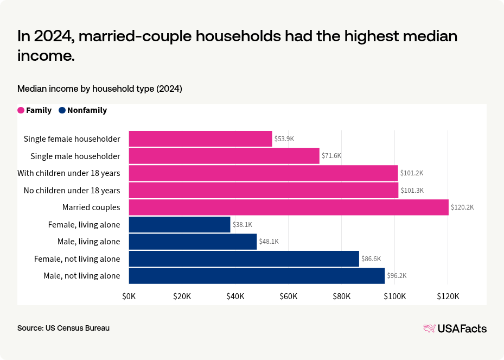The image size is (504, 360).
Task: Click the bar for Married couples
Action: point(289,207)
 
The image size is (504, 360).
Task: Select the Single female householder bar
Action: point(200,139)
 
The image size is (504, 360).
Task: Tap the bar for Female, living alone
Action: point(180,224)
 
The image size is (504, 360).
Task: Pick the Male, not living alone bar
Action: point(257,276)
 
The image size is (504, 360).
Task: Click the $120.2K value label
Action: point(462,207)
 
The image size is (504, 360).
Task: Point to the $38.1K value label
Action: point(243,224)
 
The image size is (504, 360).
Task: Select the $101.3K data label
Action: point(412,191)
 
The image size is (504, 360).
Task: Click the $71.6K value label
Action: point(331,156)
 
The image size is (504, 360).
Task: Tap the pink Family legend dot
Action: point(21,110)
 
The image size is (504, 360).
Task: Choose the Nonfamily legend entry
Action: point(83,110)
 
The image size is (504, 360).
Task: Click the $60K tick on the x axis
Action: point(289,296)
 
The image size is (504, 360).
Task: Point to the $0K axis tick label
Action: point(129,296)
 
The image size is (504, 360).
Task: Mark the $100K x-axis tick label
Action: point(394,296)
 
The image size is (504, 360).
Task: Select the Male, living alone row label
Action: point(88,242)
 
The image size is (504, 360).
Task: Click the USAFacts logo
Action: point(455,329)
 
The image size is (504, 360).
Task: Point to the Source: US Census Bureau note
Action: point(63,328)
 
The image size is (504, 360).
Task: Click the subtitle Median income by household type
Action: point(99,89)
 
